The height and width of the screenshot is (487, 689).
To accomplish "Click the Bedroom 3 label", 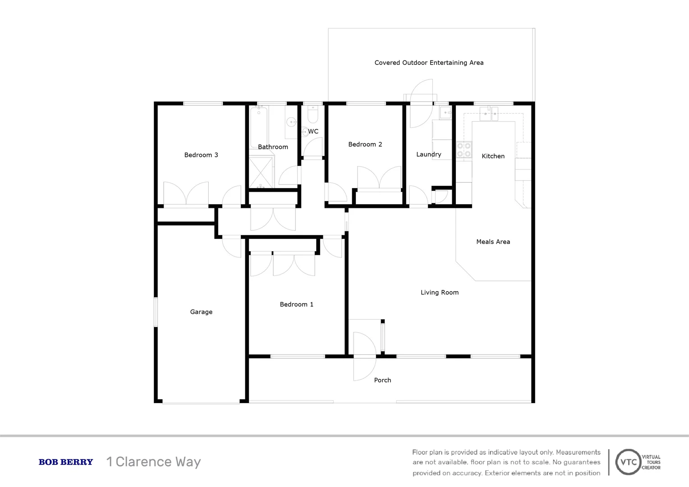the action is coord(201,155).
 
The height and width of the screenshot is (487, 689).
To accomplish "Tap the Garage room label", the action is coord(201,312).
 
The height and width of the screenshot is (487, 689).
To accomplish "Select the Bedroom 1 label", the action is coord(296,304).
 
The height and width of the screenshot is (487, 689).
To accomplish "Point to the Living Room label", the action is coord(440,293).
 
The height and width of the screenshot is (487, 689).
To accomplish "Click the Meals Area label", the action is coord(493,242).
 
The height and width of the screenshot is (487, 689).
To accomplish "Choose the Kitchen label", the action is coord(493,156).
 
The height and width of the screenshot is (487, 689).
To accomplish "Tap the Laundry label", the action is coord(428,154).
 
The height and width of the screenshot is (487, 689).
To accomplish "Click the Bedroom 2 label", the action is coord(365,144).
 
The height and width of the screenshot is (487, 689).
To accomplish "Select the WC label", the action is coord(313,132).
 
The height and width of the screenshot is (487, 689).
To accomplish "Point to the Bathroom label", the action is coord(273,147).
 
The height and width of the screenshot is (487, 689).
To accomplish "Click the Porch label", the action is coord(382,380).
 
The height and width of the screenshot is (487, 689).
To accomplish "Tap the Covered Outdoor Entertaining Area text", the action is coord(429,63).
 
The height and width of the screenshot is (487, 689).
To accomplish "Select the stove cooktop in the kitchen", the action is coord(464,150).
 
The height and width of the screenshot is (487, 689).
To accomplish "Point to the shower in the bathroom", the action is coord(261,172).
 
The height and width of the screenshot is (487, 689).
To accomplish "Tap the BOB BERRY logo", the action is coord(66,462).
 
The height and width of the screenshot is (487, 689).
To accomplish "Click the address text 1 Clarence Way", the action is coord(153,462).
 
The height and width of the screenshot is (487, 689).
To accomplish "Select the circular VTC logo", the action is coord(628,462).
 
